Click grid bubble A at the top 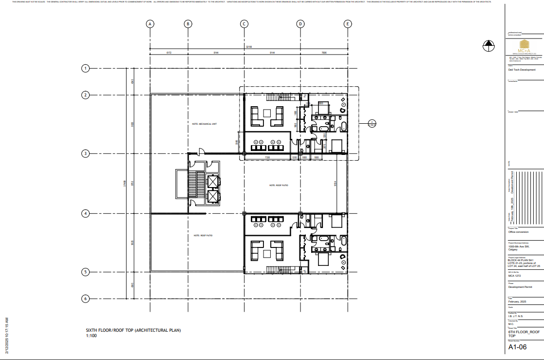[150, 24]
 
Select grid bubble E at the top [347, 24]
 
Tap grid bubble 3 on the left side [85, 153]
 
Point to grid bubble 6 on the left [85, 299]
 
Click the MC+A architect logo [524, 47]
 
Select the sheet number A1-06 [517, 347]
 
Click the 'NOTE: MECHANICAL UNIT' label [204, 124]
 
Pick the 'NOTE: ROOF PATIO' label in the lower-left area [203, 235]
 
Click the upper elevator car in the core [213, 181]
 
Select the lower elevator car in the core [213, 196]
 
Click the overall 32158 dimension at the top [249, 47]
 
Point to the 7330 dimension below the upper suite [267, 157]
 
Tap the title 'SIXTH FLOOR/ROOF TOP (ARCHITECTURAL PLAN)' [133, 330]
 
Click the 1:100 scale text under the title [91, 336]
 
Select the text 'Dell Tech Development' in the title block [522, 70]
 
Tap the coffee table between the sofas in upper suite [266, 113]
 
